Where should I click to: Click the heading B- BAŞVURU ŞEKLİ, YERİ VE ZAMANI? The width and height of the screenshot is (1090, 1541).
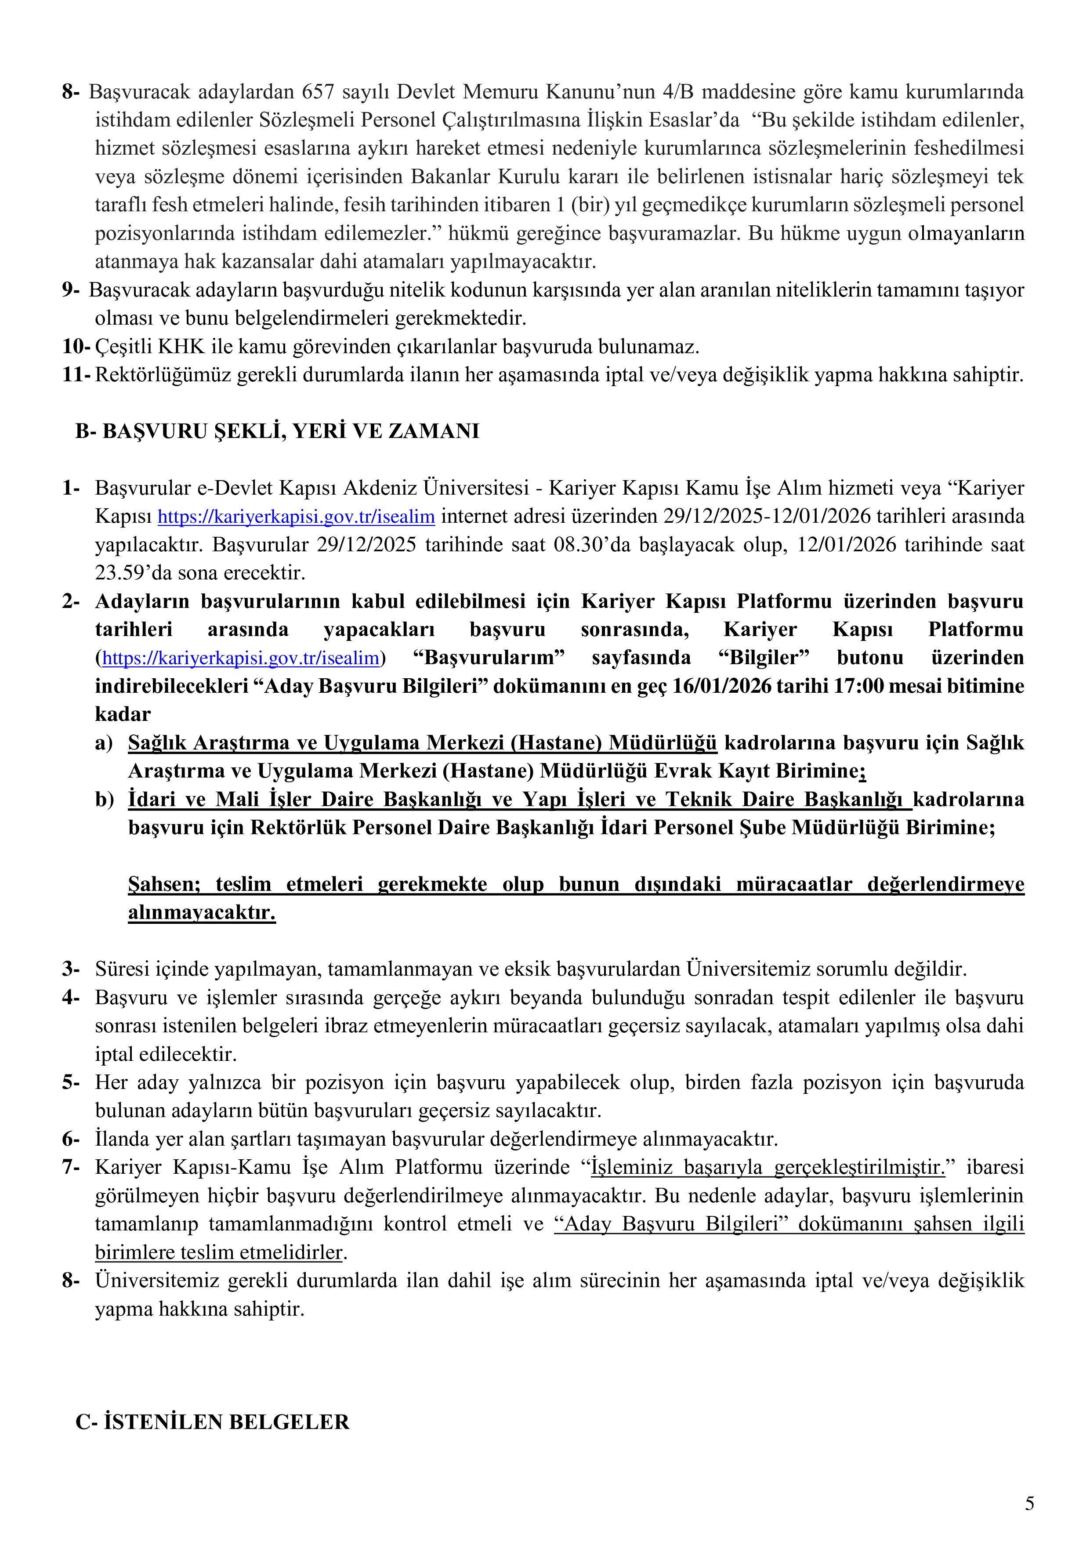[277, 431]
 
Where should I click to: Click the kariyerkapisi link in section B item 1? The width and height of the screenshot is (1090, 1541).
[296, 517]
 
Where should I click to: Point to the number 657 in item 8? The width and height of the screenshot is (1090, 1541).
[319, 91]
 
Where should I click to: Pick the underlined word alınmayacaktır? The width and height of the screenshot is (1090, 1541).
[202, 913]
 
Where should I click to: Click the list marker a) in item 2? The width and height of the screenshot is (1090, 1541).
[103, 743]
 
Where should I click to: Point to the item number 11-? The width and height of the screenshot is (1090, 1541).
[76, 375]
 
